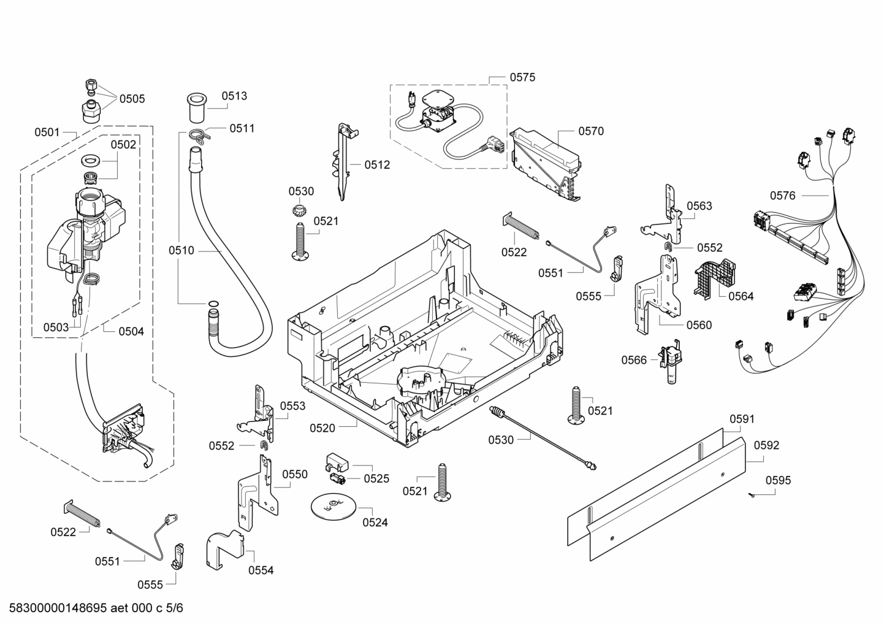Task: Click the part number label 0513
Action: click(234, 96)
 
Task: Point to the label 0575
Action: click(522, 77)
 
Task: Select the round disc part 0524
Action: click(333, 505)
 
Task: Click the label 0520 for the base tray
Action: click(322, 428)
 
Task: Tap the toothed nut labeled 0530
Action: click(300, 212)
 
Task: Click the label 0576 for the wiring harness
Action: click(783, 196)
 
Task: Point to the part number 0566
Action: click(634, 360)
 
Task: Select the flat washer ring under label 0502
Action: click(91, 161)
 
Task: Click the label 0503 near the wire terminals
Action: click(56, 328)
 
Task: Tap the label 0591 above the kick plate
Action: click(742, 419)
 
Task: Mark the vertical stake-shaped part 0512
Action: click(343, 163)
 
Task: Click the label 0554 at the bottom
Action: click(261, 570)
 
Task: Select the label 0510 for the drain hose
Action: click(181, 250)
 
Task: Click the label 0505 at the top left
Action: click(132, 99)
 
